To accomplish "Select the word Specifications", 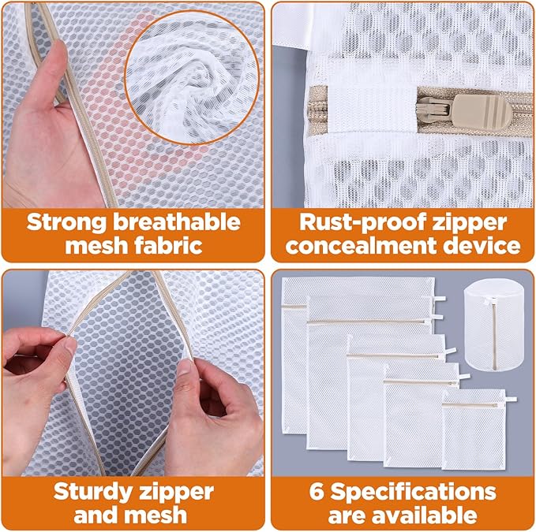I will click(x=412, y=492).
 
